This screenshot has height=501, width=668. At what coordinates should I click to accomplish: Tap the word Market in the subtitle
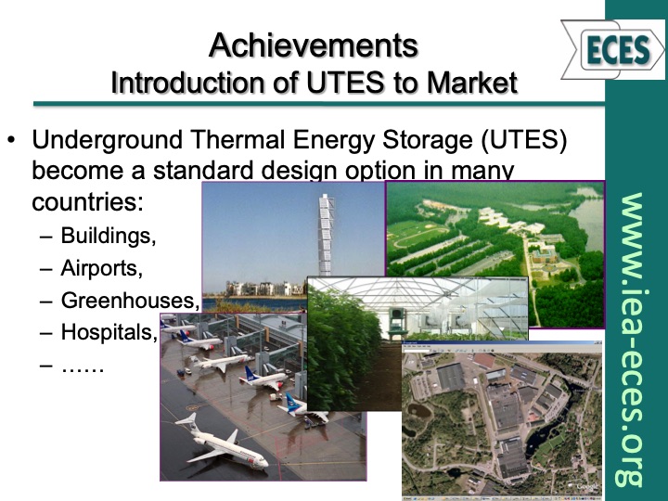coord(470,83)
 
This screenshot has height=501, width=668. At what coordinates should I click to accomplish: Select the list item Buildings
coord(109,235)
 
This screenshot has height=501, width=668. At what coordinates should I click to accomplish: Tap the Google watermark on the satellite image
coord(587,486)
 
